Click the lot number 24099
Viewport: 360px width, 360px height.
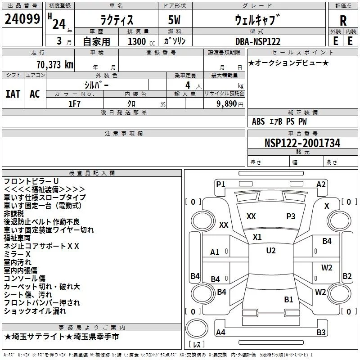click(x=22, y=19)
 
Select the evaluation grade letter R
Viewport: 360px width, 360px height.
click(x=343, y=21)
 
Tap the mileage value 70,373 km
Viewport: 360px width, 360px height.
click(x=55, y=65)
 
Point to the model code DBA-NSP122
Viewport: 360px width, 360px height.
click(x=258, y=41)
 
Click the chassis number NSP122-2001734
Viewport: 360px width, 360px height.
click(x=302, y=143)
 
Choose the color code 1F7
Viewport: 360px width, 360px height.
click(x=74, y=104)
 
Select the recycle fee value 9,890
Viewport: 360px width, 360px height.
click(x=227, y=104)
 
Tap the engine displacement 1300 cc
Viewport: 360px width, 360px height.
click(x=141, y=41)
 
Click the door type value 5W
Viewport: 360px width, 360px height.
click(x=174, y=20)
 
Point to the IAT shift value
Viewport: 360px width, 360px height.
click(x=13, y=94)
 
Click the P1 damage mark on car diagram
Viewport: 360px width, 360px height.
click(x=220, y=184)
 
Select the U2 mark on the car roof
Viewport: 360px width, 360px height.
click(x=271, y=251)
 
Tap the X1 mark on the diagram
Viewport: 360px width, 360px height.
click(x=257, y=237)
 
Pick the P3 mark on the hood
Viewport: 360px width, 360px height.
click(x=291, y=216)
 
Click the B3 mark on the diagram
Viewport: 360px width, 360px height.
click(x=321, y=332)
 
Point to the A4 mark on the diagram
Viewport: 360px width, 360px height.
click(x=220, y=332)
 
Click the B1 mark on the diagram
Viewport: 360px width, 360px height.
click(x=288, y=300)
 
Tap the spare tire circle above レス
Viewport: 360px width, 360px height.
click(x=197, y=328)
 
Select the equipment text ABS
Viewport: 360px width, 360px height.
click(x=258, y=121)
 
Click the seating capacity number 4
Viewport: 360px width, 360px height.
click(x=188, y=85)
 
